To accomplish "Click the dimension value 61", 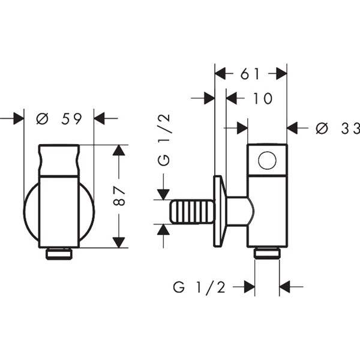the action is (x=250, y=74).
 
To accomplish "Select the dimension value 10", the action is (x=262, y=98).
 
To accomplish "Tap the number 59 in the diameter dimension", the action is (x=71, y=119).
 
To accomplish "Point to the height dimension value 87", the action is (x=119, y=196).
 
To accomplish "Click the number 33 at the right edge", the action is (x=350, y=128).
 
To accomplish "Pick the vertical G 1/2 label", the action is (x=164, y=140).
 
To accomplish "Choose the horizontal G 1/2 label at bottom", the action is (x=199, y=287).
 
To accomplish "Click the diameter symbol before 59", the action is (x=42, y=119).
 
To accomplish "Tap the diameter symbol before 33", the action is (x=322, y=128).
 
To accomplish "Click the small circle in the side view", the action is (x=267, y=160).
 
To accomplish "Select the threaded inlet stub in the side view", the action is (x=193, y=211).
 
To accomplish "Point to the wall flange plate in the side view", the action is (x=220, y=211).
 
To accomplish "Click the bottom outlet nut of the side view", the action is (x=267, y=253).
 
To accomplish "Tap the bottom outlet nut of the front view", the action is (x=59, y=254).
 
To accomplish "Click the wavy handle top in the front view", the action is (x=59, y=161).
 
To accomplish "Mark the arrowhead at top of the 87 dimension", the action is (x=119, y=150).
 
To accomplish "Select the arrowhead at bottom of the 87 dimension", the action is (x=119, y=242).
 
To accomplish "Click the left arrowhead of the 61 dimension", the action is (x=220, y=73).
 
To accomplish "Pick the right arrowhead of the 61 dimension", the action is (x=281, y=73).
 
